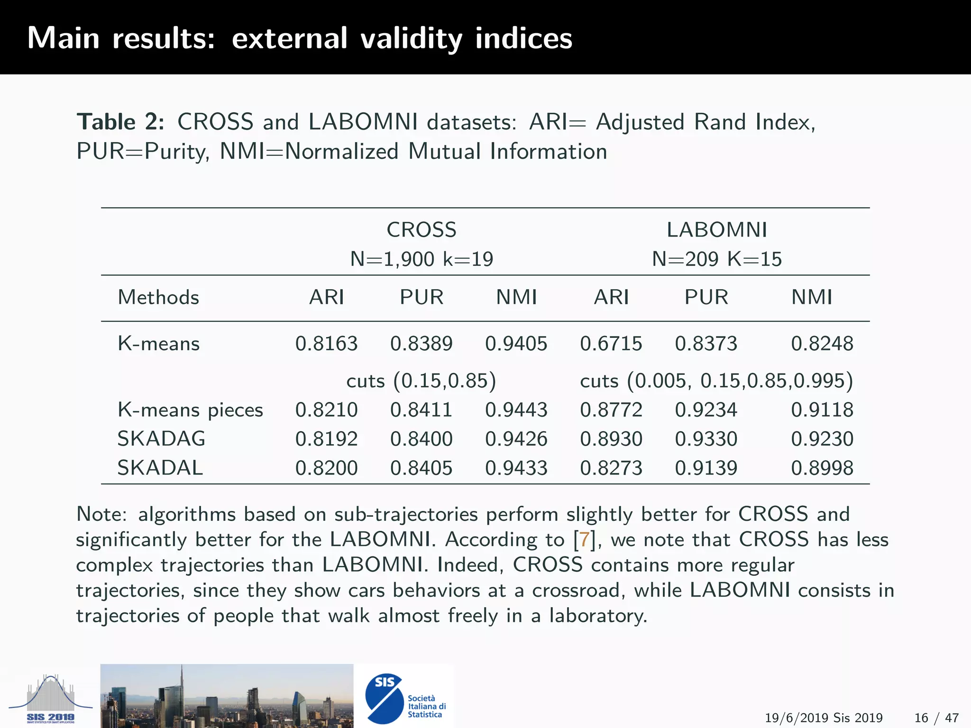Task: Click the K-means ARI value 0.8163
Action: tap(326, 344)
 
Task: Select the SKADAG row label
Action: tap(161, 439)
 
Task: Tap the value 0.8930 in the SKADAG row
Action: tap(611, 439)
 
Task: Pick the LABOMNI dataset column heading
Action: tap(716, 230)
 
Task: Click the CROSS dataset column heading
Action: tap(421, 230)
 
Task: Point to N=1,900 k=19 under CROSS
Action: tap(421, 259)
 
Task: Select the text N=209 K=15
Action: tap(716, 259)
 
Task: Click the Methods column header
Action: tap(158, 298)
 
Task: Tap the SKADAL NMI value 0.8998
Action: tap(822, 468)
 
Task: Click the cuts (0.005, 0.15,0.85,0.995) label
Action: tap(716, 381)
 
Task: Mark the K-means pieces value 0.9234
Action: tap(706, 410)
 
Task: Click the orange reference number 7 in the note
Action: tap(584, 540)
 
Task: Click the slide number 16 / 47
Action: tap(936, 718)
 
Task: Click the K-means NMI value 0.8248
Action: tap(822, 344)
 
